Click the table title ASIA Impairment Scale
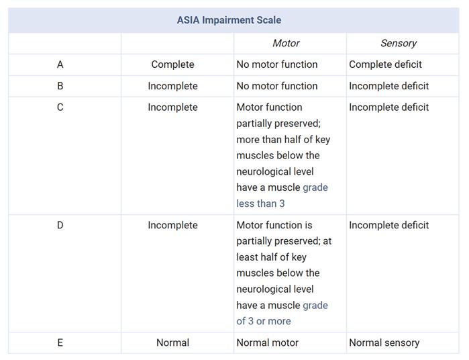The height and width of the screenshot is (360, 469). [229, 20]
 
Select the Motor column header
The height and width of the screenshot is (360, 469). [286, 43]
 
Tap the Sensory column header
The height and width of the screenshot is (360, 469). [398, 43]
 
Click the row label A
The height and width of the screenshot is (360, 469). [60, 64]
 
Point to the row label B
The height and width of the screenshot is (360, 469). [60, 86]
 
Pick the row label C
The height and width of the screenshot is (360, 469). [60, 107]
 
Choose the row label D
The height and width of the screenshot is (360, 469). [60, 225]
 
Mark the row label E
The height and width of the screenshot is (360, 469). [60, 343]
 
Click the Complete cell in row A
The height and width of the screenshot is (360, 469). [172, 64]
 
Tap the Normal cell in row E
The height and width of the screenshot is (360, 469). [172, 343]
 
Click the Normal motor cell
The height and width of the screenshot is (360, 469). [267, 343]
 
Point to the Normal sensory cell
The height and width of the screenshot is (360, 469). [384, 343]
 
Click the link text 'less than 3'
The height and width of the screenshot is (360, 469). [260, 204]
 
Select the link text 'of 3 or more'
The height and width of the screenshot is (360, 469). [263, 321]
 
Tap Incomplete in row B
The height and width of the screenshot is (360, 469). [172, 86]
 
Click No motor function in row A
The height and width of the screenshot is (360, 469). [276, 64]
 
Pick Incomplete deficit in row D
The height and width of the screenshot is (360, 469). [388, 225]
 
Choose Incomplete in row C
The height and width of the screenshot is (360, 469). [172, 107]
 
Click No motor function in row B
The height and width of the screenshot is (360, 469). [276, 86]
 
